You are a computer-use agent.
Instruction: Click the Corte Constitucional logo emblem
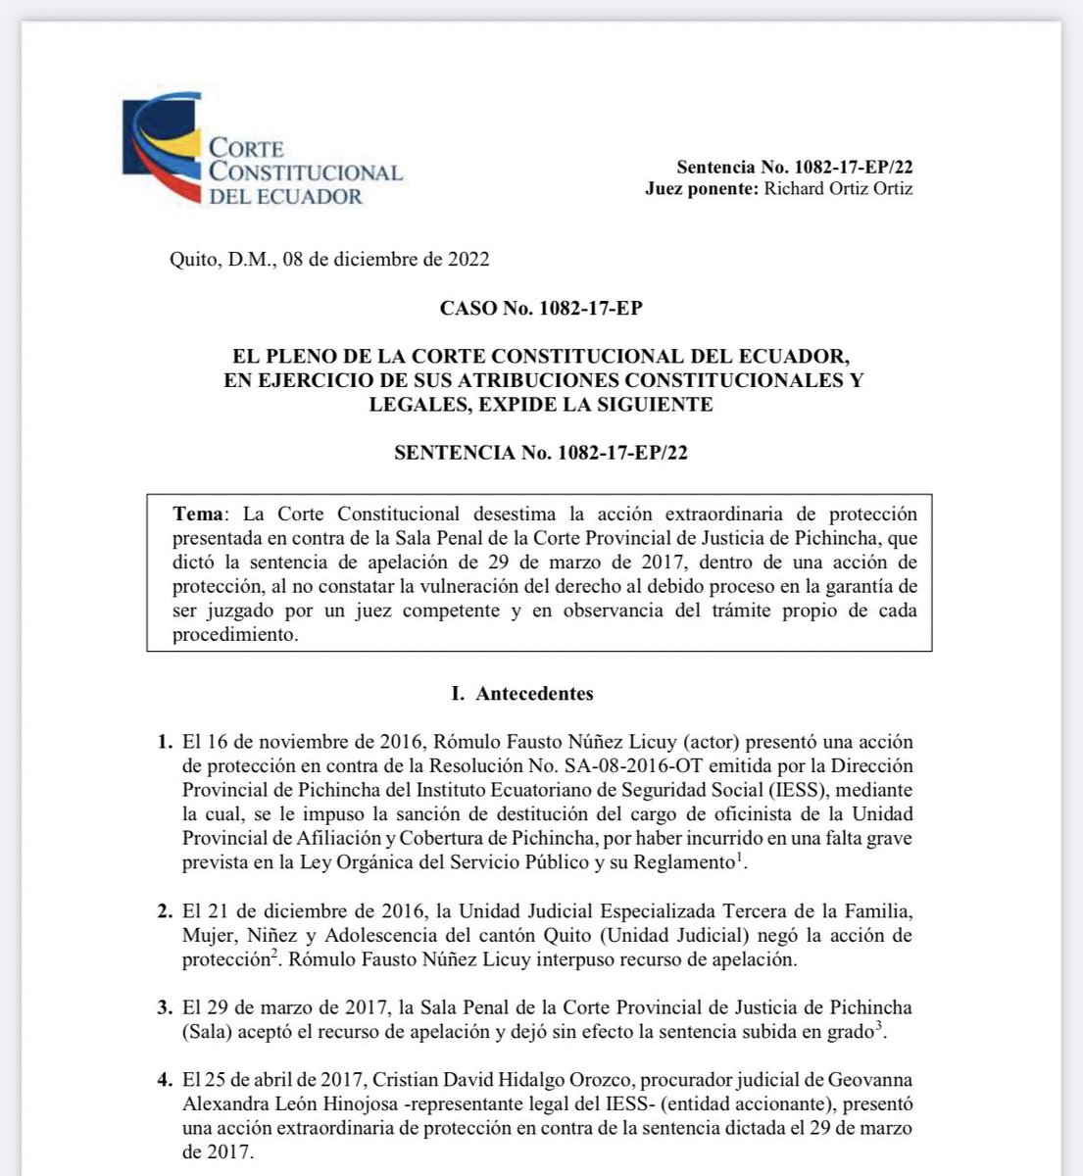[162, 147]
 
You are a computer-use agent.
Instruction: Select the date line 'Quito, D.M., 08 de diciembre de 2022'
[329, 260]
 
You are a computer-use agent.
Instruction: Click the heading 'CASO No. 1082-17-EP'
[541, 309]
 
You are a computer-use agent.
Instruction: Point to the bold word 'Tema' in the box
[198, 514]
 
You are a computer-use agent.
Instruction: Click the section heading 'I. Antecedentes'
[521, 694]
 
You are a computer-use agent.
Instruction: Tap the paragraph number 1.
[166, 742]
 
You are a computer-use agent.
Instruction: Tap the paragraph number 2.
[166, 911]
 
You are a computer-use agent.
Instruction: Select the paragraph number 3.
[166, 1007]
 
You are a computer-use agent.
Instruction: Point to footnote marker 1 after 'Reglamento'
[739, 857]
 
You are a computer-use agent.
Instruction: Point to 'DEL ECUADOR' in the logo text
[285, 196]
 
